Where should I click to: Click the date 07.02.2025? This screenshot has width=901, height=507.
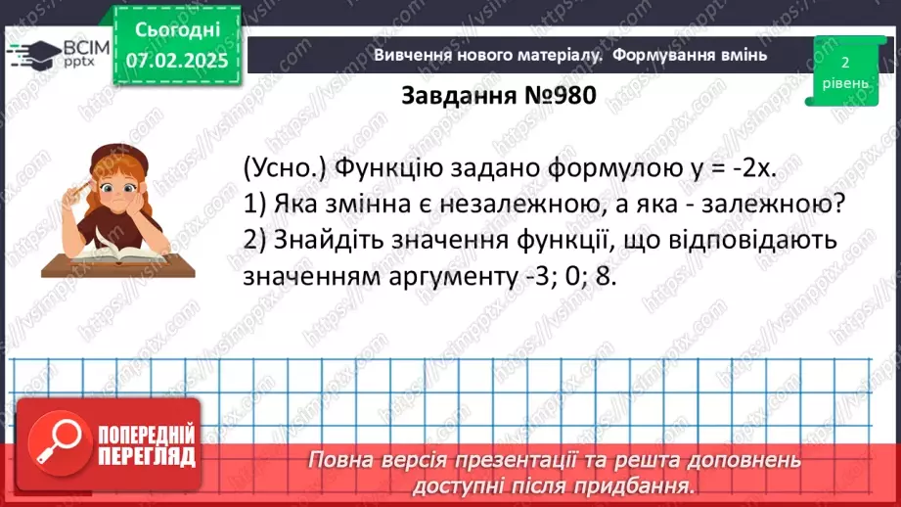177,61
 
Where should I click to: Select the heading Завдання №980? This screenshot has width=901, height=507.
498,95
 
